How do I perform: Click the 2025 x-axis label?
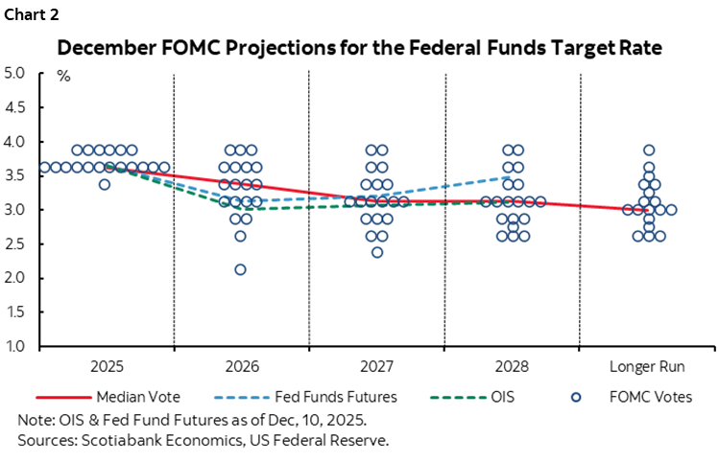[106, 366]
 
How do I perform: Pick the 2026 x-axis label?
[241, 366]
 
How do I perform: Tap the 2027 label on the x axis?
[376, 366]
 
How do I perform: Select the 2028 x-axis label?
[512, 366]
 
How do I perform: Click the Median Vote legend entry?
[134, 395]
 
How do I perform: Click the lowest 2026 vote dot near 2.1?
[240, 269]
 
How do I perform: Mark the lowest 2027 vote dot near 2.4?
[376, 252]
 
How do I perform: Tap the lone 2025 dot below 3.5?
[105, 184]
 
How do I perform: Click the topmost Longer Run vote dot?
[649, 150]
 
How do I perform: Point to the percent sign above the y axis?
[64, 77]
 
